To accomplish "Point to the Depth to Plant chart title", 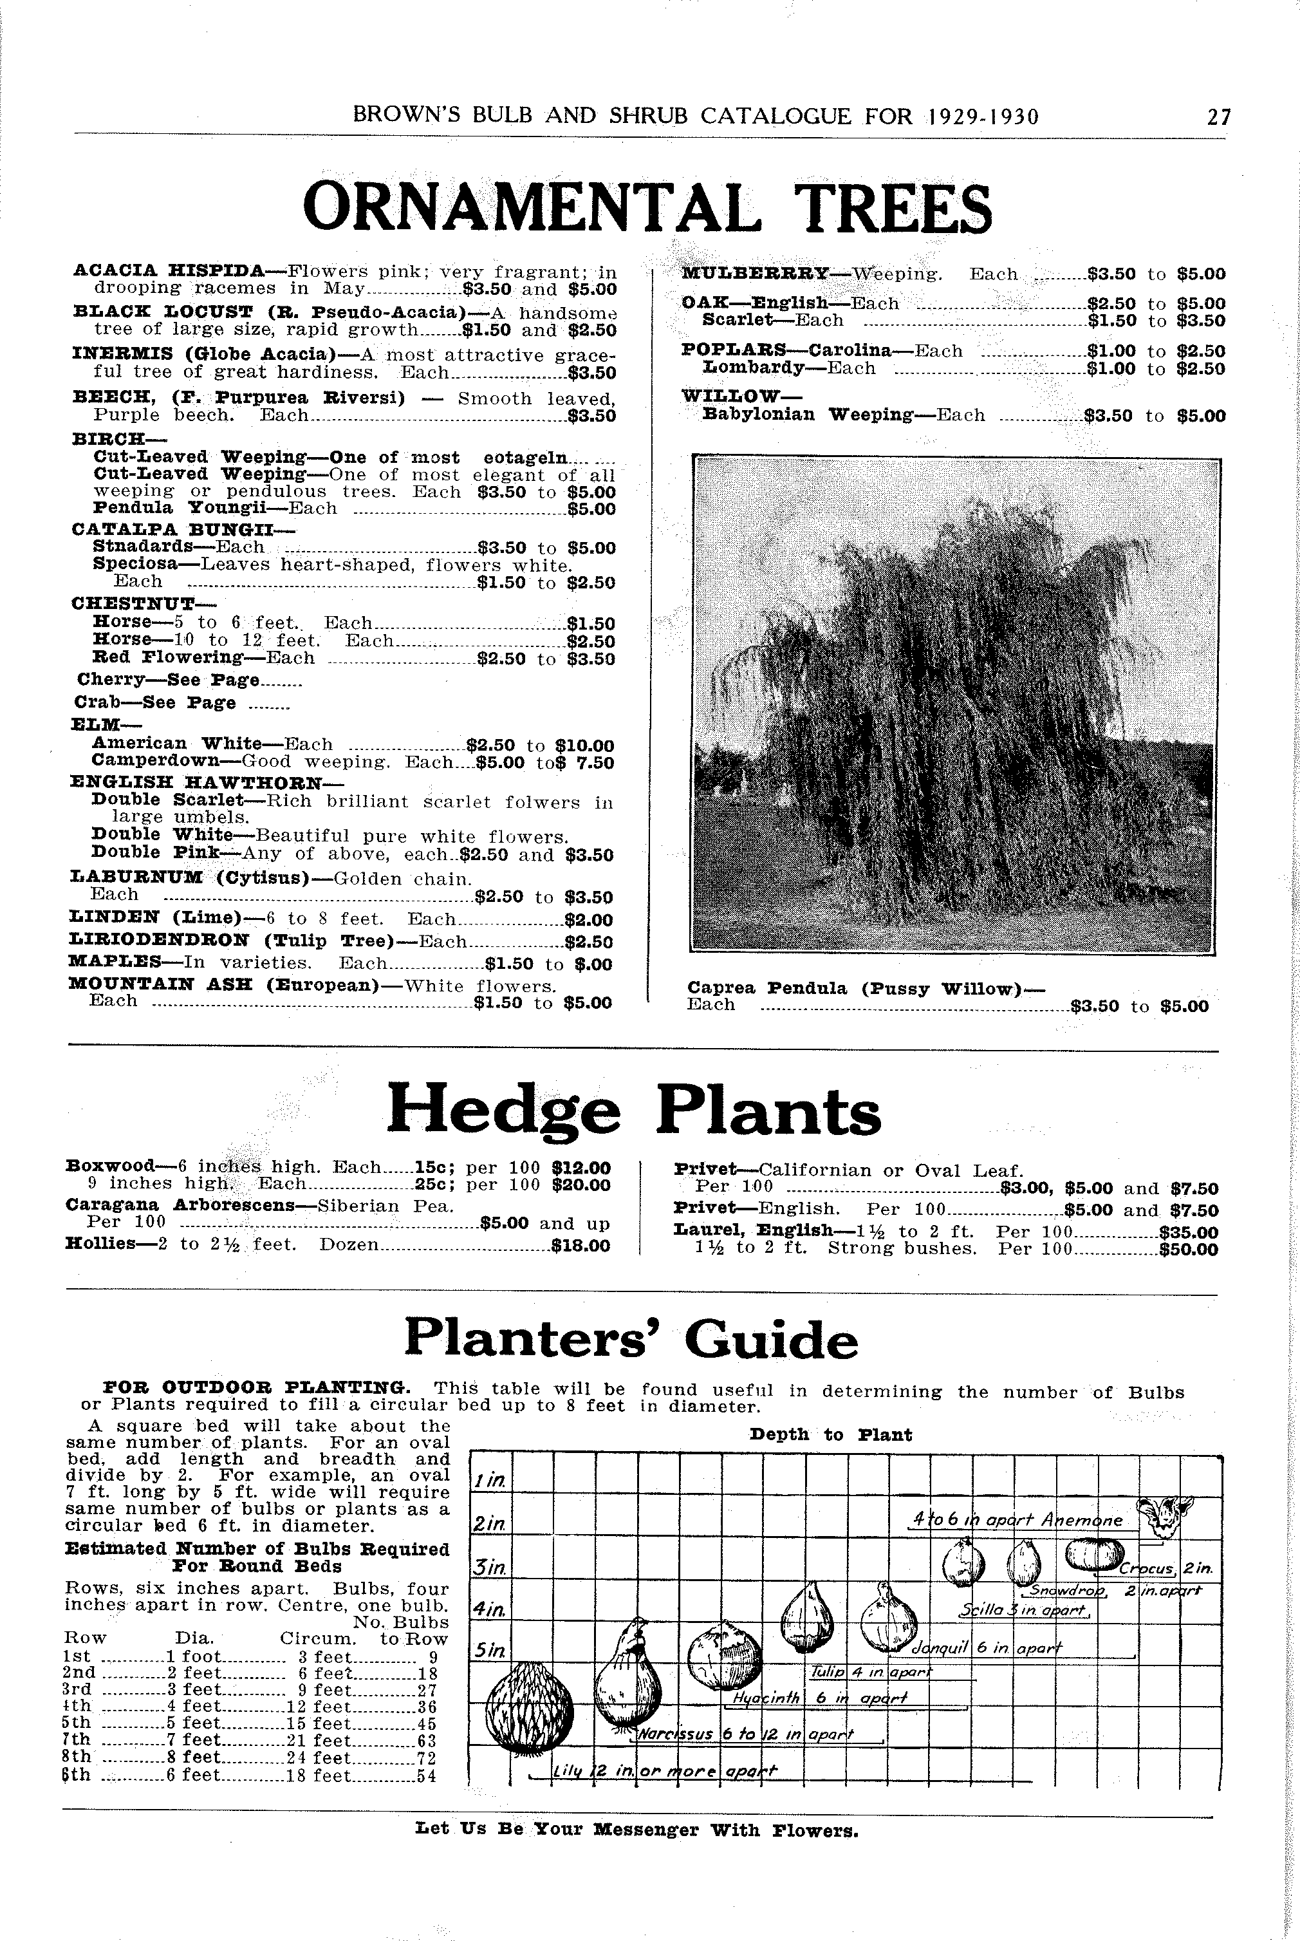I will click(x=830, y=1435).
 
